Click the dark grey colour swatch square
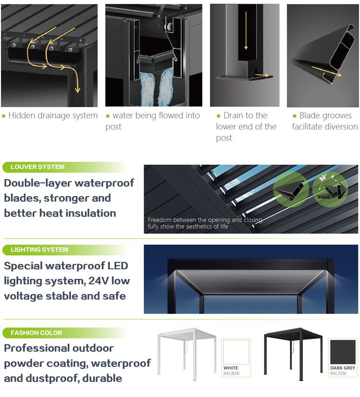click(x=343, y=352)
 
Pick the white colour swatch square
click(x=236, y=352)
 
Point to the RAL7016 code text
click(x=338, y=373)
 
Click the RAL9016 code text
click(x=231, y=373)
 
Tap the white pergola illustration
click(x=187, y=354)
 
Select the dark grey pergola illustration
click(x=294, y=354)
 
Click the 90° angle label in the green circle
click(x=324, y=178)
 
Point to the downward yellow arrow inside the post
click(x=246, y=30)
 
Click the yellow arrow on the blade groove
click(x=326, y=71)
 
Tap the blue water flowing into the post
click(x=155, y=89)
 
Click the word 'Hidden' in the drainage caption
click(x=22, y=116)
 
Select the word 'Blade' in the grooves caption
click(x=310, y=116)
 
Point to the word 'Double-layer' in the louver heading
click(x=38, y=183)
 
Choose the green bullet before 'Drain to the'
click(x=218, y=116)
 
